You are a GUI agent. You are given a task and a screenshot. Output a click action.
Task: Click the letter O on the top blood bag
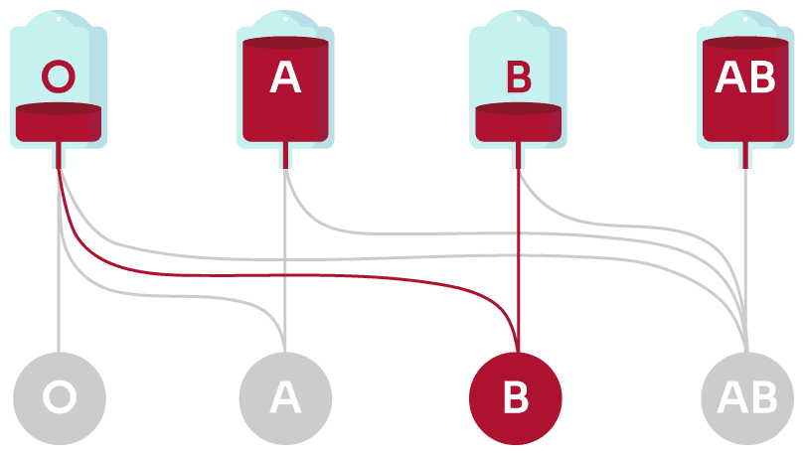[x=59, y=76]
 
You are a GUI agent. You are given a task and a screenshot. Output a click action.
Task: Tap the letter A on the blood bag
[x=285, y=77]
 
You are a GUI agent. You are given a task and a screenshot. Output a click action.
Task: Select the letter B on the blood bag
[x=518, y=76]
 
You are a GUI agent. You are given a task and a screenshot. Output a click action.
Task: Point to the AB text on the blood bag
[x=745, y=77]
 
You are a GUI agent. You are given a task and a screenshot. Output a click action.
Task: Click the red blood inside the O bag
[x=59, y=122]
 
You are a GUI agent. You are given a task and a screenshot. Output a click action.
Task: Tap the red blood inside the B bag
[x=518, y=122]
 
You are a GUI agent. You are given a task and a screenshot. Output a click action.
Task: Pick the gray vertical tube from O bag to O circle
[x=59, y=308]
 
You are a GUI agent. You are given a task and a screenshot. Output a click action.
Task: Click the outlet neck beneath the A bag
[x=285, y=156]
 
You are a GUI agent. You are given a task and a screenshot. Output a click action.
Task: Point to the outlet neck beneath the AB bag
[x=745, y=156]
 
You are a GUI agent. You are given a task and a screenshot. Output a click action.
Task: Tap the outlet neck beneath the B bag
[x=518, y=156]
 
